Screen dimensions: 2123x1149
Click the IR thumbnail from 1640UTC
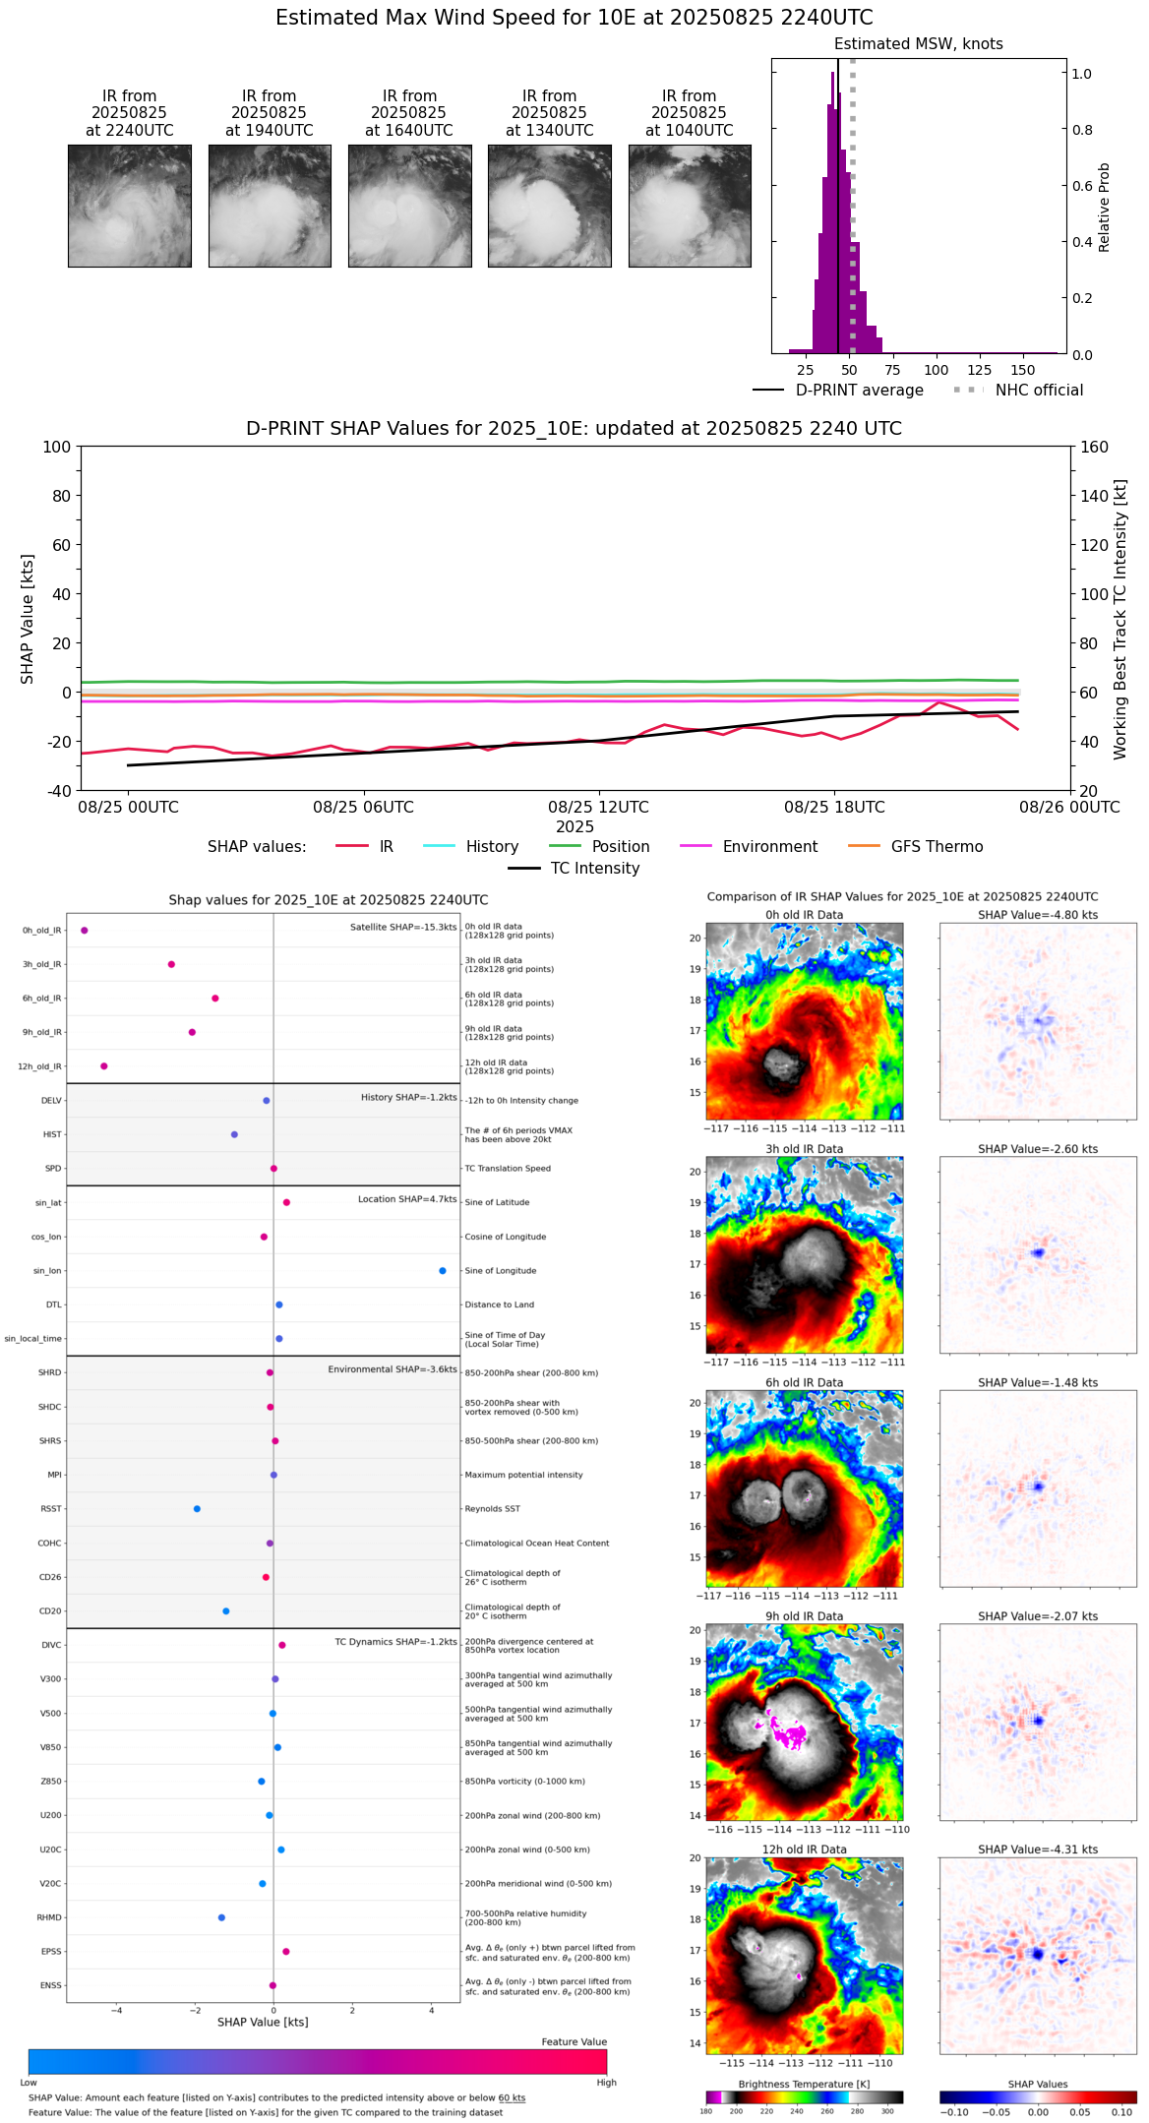point(409,206)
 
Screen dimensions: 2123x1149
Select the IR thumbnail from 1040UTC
point(690,206)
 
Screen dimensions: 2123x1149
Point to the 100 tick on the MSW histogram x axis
point(937,370)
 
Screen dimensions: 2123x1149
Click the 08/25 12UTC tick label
point(598,807)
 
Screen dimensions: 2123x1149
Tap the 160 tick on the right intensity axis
point(1095,448)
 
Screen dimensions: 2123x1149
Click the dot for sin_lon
point(443,1271)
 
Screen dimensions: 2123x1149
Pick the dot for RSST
point(197,1508)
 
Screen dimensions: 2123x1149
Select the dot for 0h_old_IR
point(85,930)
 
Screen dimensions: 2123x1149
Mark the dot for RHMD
point(221,1916)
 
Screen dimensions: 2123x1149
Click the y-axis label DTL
point(53,1304)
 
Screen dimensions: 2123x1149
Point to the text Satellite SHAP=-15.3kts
point(403,927)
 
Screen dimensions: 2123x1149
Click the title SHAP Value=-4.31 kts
point(1038,1850)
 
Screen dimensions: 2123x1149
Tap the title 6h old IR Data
point(804,1382)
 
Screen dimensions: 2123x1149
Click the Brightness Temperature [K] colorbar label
point(804,2084)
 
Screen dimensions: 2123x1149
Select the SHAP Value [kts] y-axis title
point(28,619)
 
